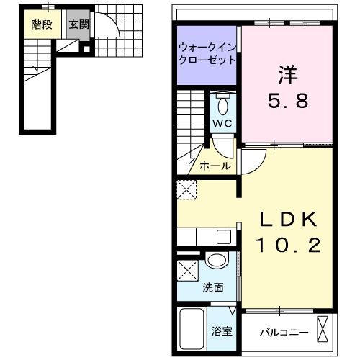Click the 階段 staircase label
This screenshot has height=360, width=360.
pyautogui.click(x=40, y=24)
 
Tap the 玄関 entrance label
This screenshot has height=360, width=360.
pyautogui.click(x=78, y=24)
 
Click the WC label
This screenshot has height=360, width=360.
pyautogui.click(x=221, y=122)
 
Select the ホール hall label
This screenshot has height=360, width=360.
pyautogui.click(x=215, y=166)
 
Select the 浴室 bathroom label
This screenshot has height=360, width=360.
pyautogui.click(x=221, y=333)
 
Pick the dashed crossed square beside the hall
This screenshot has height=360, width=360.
pyautogui.click(x=186, y=191)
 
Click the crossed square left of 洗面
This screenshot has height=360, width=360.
pyautogui.click(x=189, y=273)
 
